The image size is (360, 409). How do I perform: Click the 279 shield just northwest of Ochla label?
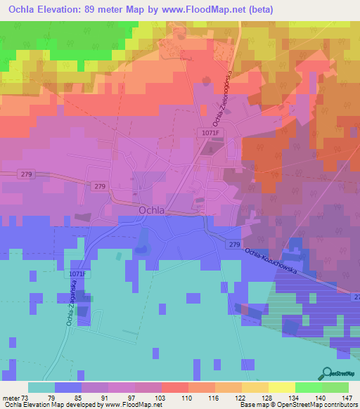pos(99,186)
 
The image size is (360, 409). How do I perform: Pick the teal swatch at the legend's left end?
pos(41,387)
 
